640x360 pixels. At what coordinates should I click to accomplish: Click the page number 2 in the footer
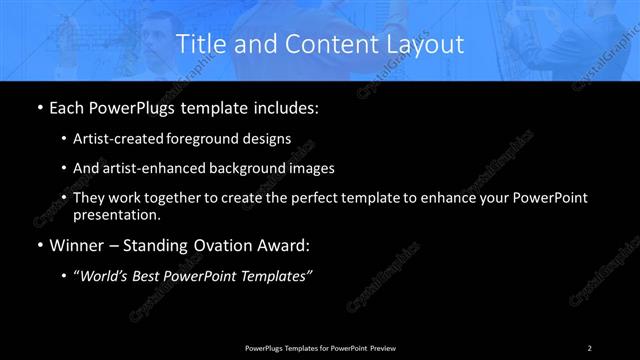590,347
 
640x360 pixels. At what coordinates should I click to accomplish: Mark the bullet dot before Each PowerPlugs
38,107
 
